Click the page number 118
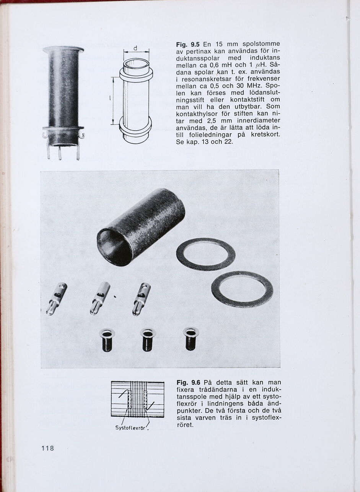click(x=47, y=448)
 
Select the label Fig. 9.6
click(x=189, y=383)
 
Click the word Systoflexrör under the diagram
click(x=130, y=428)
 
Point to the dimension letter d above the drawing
click(x=135, y=48)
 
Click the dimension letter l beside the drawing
click(x=110, y=99)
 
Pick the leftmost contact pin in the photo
click(x=56, y=299)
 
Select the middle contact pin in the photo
click(x=100, y=298)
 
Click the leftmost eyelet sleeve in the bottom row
click(x=107, y=339)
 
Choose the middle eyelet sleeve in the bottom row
click(x=148, y=339)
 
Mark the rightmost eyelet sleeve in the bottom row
click(x=191, y=338)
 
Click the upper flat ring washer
click(x=205, y=254)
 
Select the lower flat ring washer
click(x=242, y=289)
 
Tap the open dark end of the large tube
click(x=114, y=247)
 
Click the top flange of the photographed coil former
click(x=63, y=49)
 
